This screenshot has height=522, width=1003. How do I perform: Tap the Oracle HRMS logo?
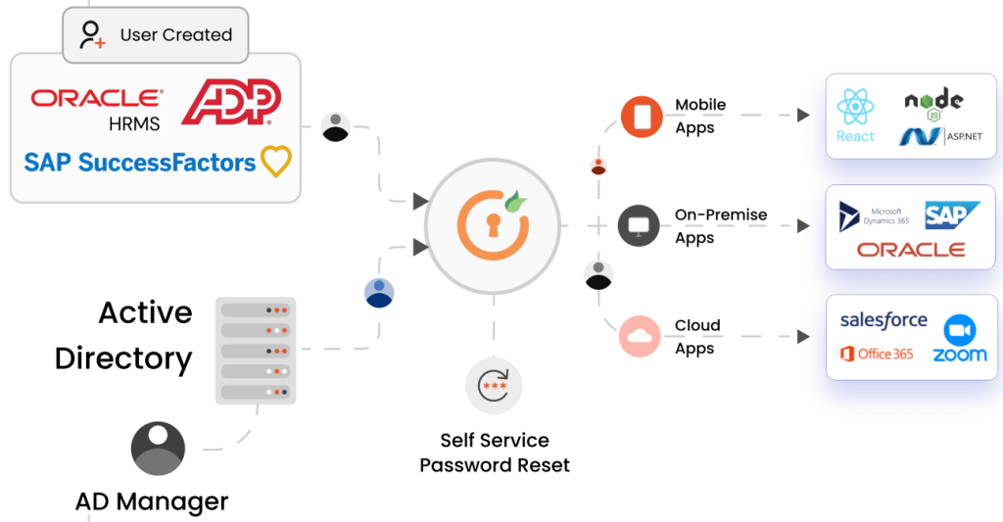tap(97, 108)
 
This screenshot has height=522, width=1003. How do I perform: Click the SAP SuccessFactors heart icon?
tap(276, 162)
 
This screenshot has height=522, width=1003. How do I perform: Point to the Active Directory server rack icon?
tap(255, 351)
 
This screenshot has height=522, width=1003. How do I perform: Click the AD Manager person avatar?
tap(158, 449)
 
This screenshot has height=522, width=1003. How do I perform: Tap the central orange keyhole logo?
tap(493, 225)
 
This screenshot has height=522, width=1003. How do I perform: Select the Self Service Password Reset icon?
tap(494, 385)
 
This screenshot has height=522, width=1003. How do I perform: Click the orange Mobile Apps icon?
tap(641, 117)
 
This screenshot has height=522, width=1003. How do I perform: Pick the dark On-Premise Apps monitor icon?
tap(641, 226)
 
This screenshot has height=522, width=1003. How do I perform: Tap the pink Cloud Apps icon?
tap(641, 336)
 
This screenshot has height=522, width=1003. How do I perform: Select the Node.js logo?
tap(933, 103)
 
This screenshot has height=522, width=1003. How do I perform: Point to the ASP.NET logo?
tap(940, 137)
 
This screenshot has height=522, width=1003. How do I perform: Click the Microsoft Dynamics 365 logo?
tap(875, 216)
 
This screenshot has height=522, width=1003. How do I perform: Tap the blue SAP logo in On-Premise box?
tap(952, 215)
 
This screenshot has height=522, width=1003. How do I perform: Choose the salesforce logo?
tap(884, 320)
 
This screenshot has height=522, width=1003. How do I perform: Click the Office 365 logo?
tap(877, 354)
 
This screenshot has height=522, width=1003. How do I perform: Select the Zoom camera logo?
tap(959, 329)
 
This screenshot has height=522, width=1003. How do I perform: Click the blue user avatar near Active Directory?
tap(379, 293)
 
